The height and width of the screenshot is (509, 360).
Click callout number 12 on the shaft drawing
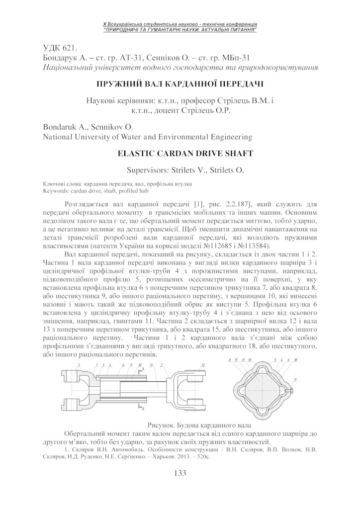pos(203,365)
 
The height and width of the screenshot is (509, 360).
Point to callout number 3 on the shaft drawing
pos(78,365)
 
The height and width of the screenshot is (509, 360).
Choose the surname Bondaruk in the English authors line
pos(59,126)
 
